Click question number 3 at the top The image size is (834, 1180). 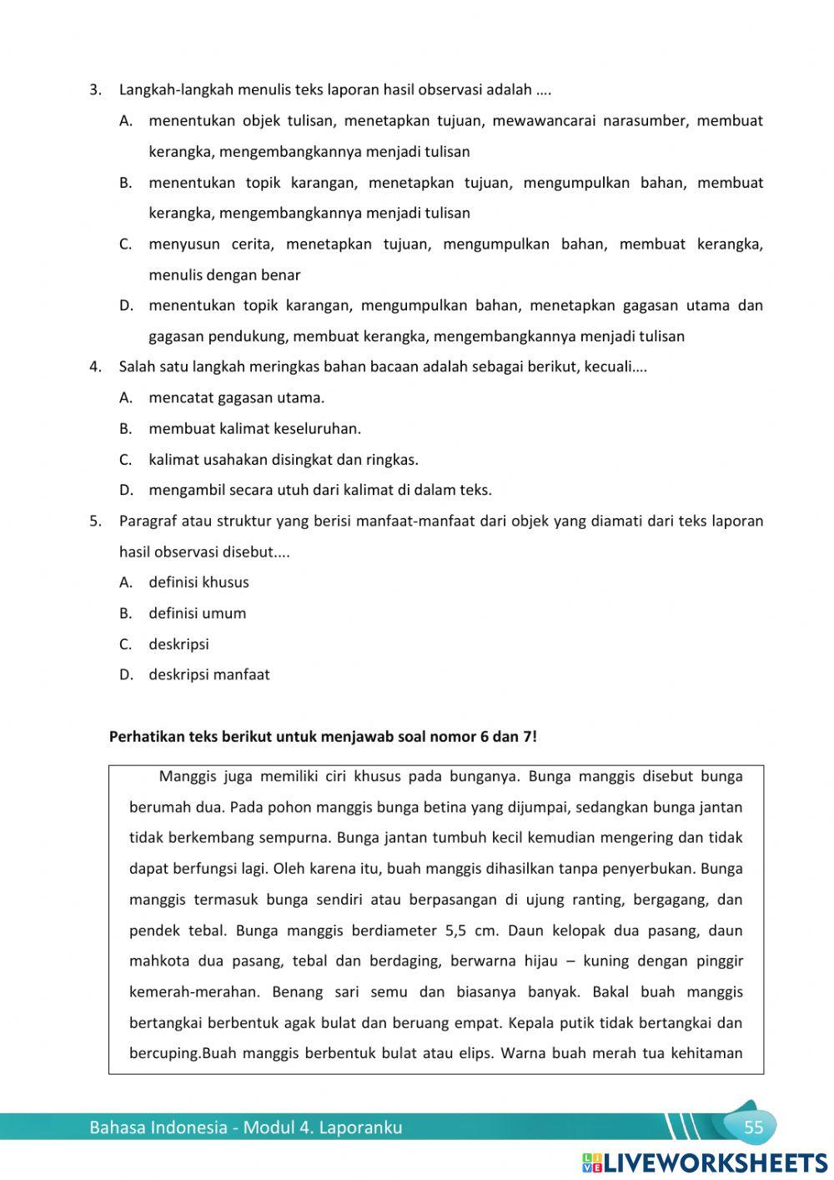95,89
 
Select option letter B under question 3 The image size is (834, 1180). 126,183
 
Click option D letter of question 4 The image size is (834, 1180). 126,490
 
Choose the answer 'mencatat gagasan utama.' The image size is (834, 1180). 236,398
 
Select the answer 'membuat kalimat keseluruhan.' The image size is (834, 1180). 254,429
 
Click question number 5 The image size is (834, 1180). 95,521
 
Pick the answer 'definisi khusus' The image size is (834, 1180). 198,582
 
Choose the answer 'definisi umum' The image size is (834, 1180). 197,613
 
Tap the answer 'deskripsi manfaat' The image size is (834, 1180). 208,674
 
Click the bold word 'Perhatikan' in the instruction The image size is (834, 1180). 147,737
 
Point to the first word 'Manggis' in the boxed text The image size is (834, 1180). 187,777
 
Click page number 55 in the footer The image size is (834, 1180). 753,1127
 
